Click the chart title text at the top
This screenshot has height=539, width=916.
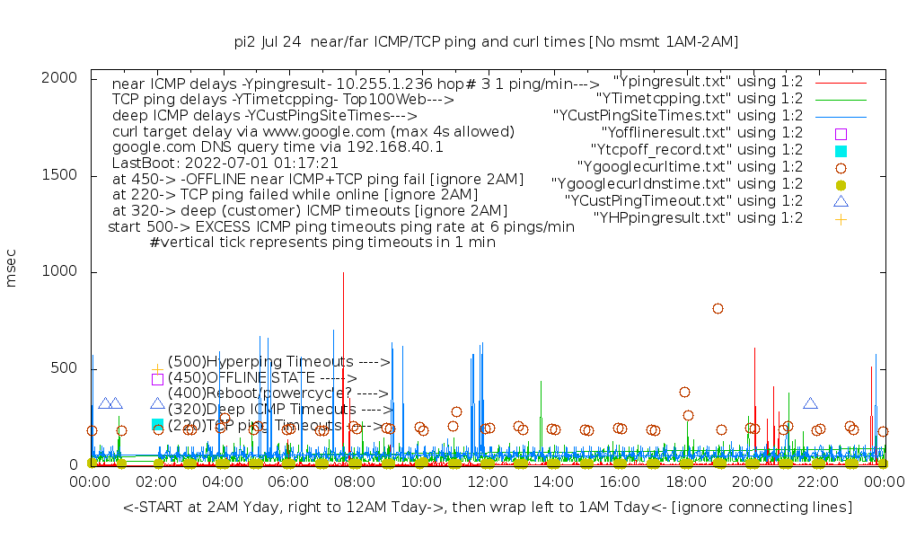click(486, 41)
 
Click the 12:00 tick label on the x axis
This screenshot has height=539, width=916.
click(487, 482)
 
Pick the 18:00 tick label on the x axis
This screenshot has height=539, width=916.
click(685, 482)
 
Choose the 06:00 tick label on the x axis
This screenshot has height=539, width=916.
click(288, 482)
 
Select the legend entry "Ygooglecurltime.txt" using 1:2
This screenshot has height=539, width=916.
click(677, 167)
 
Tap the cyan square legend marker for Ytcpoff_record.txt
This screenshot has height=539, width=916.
click(841, 150)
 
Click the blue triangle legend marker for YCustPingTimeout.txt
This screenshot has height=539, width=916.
click(841, 201)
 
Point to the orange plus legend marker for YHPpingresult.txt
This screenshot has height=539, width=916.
click(841, 218)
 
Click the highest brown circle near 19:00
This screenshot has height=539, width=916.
click(718, 308)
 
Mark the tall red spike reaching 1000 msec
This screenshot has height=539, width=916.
click(343, 273)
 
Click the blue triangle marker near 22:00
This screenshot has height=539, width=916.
click(810, 404)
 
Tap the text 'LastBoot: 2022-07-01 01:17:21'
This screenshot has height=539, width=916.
click(225, 163)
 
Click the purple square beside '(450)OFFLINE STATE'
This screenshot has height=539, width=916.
click(157, 379)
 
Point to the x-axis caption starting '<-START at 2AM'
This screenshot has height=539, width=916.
click(488, 508)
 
